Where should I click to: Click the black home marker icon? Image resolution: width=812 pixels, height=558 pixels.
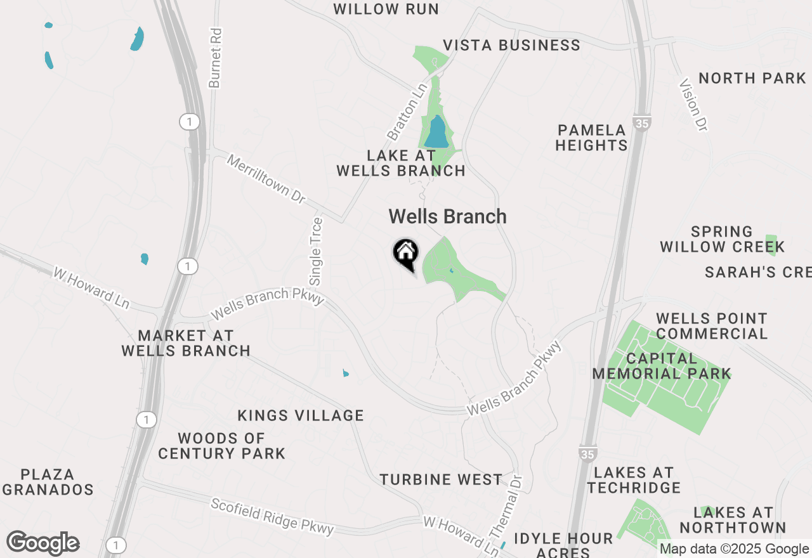[406, 254]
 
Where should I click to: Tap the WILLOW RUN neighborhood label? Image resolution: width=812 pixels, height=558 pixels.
[386, 10]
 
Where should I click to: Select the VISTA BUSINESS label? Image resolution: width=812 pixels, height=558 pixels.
[511, 46]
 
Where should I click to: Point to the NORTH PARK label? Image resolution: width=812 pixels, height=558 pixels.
[752, 79]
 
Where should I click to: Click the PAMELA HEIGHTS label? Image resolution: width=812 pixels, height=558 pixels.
[591, 138]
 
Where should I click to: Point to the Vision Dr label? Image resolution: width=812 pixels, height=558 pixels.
[693, 105]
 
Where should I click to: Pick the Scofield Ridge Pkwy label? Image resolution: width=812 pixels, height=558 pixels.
[272, 516]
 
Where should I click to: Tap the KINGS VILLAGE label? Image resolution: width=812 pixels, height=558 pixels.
[301, 416]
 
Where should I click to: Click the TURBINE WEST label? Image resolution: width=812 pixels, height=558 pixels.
[441, 480]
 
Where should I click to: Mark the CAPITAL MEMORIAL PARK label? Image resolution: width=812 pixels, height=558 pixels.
[662, 367]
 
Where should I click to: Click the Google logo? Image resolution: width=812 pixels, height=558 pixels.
[43, 543]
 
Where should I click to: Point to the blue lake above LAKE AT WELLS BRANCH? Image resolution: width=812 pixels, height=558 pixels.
[436, 133]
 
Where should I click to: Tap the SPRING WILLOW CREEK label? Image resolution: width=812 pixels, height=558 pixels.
[722, 239]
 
